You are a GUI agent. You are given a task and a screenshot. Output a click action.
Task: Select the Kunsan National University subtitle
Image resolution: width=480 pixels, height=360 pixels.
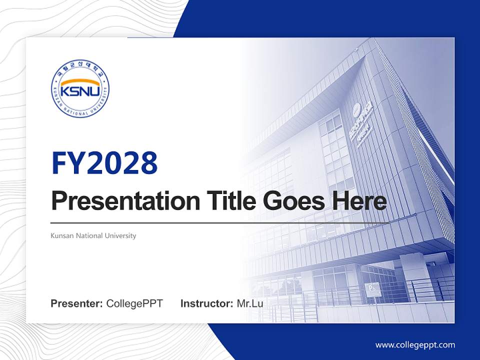point(93,235)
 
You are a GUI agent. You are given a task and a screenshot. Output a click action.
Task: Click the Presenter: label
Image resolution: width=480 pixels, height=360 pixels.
point(77,303)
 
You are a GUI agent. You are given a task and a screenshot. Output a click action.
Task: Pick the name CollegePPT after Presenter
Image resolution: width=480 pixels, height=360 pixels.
point(134,303)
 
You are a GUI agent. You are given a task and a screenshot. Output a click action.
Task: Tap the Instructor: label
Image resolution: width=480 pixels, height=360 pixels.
point(206,303)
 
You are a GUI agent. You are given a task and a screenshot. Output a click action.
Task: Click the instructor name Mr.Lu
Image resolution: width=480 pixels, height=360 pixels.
point(250,303)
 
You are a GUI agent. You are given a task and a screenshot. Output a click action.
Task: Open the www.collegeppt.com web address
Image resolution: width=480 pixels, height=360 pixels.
point(415,345)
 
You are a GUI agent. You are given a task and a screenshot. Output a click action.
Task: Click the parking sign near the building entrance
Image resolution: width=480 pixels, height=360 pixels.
point(371,289)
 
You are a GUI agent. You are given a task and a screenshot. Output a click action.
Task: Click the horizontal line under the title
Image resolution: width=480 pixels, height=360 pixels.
point(220,222)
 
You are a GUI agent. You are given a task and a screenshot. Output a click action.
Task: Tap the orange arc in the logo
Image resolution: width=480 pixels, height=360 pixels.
point(80,82)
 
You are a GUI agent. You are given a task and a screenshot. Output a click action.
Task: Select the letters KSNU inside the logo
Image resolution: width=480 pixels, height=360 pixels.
point(80,92)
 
